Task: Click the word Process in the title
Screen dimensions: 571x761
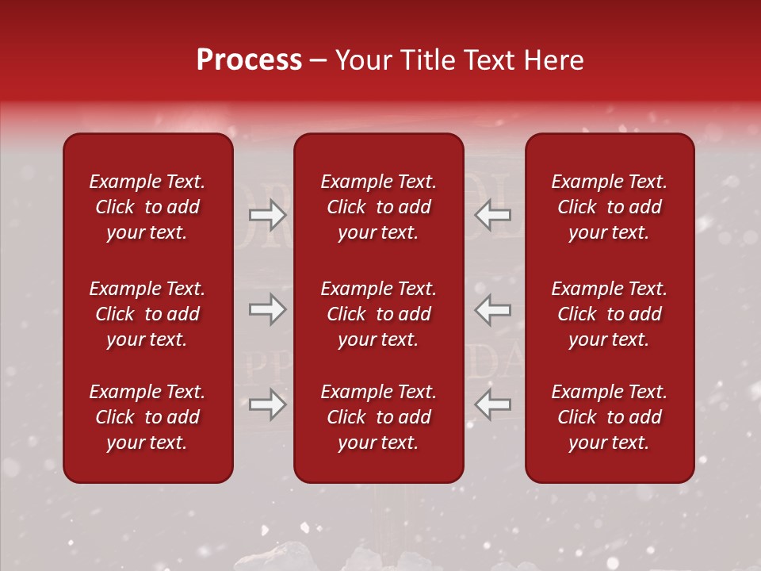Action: click(x=249, y=60)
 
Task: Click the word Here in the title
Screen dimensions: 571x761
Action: click(x=553, y=60)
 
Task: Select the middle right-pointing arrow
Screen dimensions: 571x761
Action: click(x=267, y=309)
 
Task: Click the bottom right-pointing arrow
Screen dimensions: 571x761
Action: click(x=267, y=404)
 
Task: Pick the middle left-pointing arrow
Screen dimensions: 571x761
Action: click(x=492, y=309)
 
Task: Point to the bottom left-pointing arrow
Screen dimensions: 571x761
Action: click(x=492, y=404)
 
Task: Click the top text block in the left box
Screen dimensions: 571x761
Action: click(x=147, y=207)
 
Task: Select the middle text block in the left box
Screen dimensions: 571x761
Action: click(x=147, y=314)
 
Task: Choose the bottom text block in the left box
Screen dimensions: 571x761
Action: click(x=147, y=417)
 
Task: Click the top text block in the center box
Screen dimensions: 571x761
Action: click(x=378, y=207)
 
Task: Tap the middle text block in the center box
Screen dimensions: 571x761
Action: click(x=378, y=314)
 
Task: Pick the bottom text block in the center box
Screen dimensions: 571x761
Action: click(x=378, y=417)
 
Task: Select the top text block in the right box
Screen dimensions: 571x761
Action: click(x=609, y=207)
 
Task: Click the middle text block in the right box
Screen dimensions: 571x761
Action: click(x=609, y=314)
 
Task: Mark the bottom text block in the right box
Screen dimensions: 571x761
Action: click(x=609, y=417)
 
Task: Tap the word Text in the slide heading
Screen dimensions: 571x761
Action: click(x=488, y=60)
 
